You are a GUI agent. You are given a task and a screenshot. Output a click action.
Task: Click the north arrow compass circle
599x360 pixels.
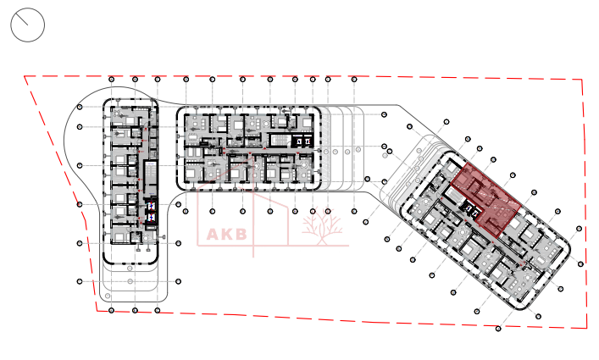point(27,25)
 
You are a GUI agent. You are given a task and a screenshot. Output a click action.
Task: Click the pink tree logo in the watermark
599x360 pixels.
point(321,228)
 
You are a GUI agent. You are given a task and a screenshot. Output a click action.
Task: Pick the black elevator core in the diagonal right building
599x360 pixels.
point(469,211)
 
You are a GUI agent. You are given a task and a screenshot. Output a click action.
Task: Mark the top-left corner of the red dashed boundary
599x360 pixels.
point(25,76)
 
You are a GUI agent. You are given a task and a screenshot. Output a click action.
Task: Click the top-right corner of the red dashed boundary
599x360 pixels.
point(582,80)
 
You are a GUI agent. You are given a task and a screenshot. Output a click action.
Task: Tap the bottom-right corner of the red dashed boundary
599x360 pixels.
point(587,328)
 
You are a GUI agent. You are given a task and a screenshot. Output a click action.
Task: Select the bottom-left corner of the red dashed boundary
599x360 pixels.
point(97,310)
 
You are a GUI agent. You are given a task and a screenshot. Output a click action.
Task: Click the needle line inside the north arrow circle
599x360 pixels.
point(31,21)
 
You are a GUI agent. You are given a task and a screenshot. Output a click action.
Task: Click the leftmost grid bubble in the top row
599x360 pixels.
point(113,80)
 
